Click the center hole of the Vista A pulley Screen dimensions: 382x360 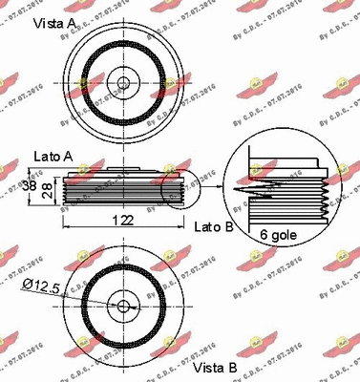coord(122,79)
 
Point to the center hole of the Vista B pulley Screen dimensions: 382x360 coord(122,306)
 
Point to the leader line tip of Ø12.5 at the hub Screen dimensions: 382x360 coord(119,304)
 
